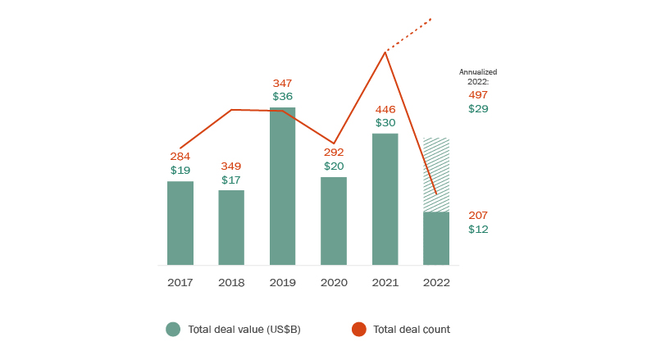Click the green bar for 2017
tap(180, 223)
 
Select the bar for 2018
tap(231, 228)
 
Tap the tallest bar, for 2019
tap(282, 186)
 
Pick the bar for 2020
tap(334, 221)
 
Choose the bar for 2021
tap(385, 199)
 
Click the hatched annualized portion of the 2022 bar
tap(436, 175)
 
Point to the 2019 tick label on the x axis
tap(282, 282)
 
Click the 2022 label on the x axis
tap(436, 282)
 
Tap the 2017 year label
tap(180, 282)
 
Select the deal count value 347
tap(282, 84)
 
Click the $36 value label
tap(282, 97)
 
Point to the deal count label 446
tap(385, 109)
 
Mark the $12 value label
tap(478, 230)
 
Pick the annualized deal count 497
tap(478, 95)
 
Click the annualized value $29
tap(478, 108)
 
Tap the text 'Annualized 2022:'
tap(478, 77)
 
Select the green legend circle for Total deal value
tap(173, 330)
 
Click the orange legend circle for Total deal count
tap(358, 330)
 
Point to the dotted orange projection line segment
tap(408, 34)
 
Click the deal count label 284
tap(180, 157)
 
